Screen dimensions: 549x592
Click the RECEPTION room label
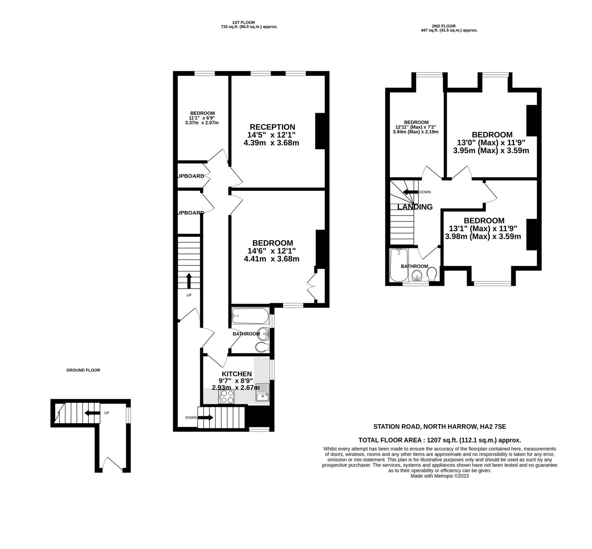click(272, 127)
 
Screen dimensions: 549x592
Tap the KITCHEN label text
click(236, 374)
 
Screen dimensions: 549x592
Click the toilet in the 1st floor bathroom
click(261, 347)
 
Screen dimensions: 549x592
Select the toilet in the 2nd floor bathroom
click(432, 273)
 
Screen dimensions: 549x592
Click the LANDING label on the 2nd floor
click(415, 207)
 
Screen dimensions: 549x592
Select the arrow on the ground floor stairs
click(92, 413)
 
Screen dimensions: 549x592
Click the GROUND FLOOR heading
click(83, 370)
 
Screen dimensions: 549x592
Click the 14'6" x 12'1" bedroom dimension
click(272, 251)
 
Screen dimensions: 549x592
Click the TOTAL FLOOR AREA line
click(439, 440)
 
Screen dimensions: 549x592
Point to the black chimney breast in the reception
click(320, 131)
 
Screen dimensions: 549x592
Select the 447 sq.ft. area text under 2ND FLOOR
click(449, 30)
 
